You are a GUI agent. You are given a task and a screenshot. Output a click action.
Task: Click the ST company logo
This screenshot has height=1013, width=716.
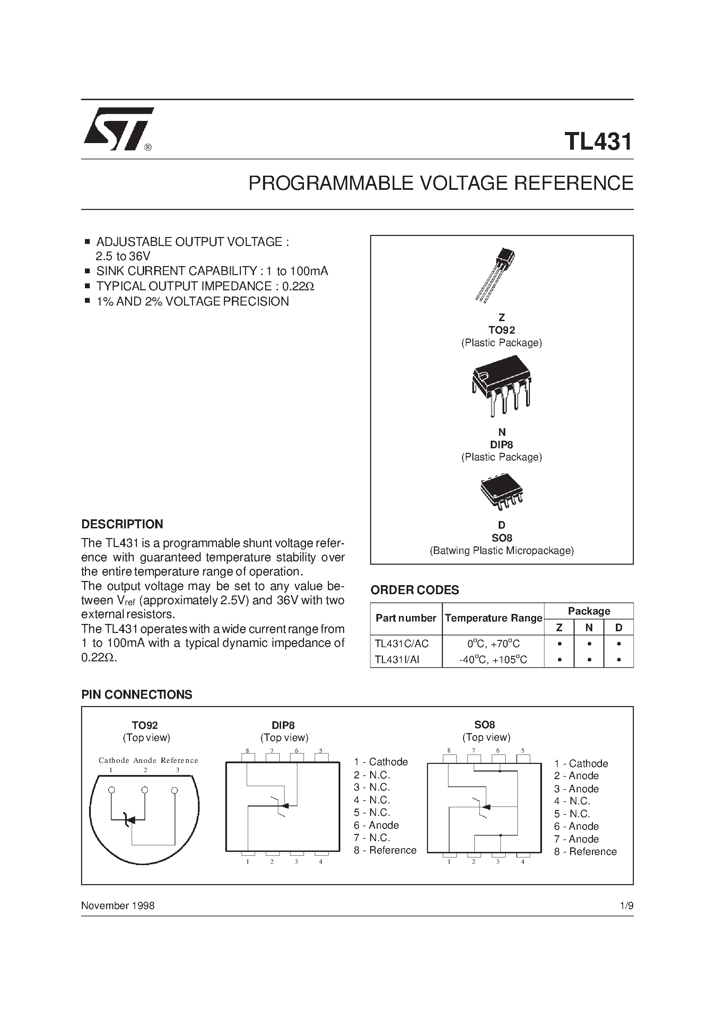pyautogui.click(x=118, y=129)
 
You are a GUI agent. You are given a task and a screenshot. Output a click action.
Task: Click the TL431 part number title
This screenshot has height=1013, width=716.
pyautogui.click(x=598, y=142)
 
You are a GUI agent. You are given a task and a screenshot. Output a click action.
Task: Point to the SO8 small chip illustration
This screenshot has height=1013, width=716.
pyautogui.click(x=501, y=492)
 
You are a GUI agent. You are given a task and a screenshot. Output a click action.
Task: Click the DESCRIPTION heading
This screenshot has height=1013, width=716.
pyautogui.click(x=122, y=524)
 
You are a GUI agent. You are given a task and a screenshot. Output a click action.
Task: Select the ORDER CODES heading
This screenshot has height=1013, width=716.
pyautogui.click(x=414, y=590)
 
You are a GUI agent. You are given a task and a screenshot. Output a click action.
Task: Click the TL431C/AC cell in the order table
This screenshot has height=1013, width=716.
pyautogui.click(x=401, y=644)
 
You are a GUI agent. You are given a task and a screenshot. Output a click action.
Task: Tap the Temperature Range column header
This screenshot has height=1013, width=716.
pyautogui.click(x=493, y=618)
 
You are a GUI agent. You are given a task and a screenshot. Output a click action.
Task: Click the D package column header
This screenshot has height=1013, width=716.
pyautogui.click(x=619, y=627)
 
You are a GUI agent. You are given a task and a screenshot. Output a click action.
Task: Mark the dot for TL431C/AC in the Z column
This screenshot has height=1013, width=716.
pyautogui.click(x=559, y=644)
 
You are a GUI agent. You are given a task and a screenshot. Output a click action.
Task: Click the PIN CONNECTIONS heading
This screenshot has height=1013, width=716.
pyautogui.click(x=137, y=695)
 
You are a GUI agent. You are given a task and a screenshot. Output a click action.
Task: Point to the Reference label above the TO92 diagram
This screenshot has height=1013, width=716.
pyautogui.click(x=179, y=760)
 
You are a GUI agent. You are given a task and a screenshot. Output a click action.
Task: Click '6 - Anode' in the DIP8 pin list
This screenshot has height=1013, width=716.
pyautogui.click(x=376, y=825)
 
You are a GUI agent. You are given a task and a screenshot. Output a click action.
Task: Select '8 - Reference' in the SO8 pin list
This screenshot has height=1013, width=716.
pyautogui.click(x=585, y=852)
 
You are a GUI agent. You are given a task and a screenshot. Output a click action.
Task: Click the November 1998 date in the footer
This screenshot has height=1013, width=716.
pyautogui.click(x=118, y=906)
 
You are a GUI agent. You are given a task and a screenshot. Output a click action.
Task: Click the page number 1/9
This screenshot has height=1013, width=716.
pyautogui.click(x=626, y=906)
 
